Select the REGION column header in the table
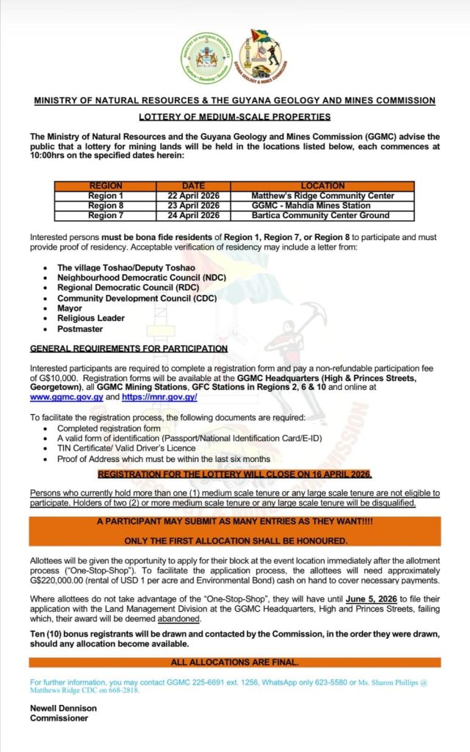[x=106, y=186]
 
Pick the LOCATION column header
[x=322, y=186]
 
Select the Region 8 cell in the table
[x=106, y=206]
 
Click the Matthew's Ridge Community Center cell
[x=322, y=196]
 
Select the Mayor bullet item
[x=70, y=308]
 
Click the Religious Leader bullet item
[x=91, y=319]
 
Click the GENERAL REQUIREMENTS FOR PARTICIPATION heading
[x=129, y=348]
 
